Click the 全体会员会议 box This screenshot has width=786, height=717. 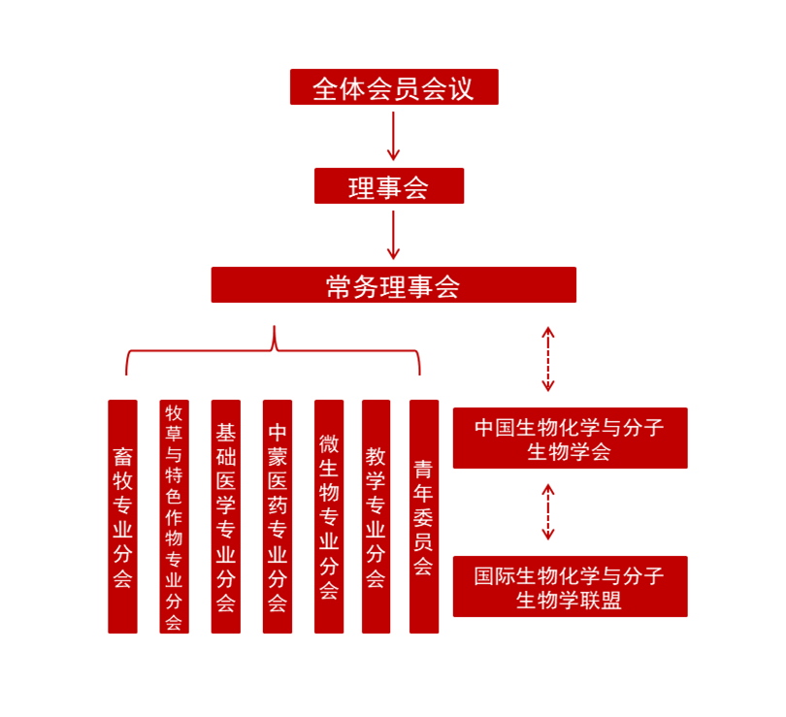click(394, 86)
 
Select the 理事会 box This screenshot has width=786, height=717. click(389, 186)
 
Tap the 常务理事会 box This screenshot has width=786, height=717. click(394, 284)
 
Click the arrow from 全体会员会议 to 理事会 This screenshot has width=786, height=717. click(394, 136)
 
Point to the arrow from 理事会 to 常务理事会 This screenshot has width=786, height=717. click(394, 235)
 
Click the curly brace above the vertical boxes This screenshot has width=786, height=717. click(274, 349)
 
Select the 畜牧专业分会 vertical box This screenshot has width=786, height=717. click(123, 516)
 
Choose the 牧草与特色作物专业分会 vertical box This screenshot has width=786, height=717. click(174, 516)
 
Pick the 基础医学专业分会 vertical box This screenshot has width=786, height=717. click(225, 516)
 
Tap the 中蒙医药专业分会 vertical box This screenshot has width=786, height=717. click(278, 516)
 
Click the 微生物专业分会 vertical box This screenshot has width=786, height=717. click(329, 516)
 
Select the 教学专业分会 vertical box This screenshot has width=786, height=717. click(376, 516)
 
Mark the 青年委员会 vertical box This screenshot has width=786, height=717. click(424, 516)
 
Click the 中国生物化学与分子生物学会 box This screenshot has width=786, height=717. click(571, 438)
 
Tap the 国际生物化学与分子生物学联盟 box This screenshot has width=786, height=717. click(571, 586)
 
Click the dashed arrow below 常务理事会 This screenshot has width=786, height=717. click(548, 359)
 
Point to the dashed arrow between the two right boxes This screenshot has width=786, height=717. click(548, 511)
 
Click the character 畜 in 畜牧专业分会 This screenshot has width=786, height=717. click(123, 456)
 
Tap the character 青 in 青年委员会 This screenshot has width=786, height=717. click(424, 470)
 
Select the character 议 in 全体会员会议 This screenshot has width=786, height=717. click(461, 89)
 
